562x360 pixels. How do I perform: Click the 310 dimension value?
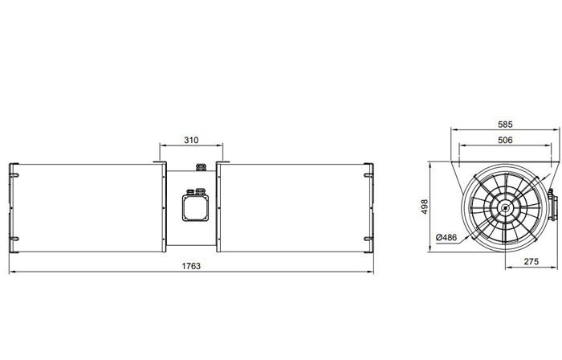coord(191,140)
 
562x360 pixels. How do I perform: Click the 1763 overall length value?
coord(191,265)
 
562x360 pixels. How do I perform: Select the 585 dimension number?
coord(504,125)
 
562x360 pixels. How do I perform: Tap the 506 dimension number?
coord(504,140)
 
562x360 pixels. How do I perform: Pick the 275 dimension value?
coord(531,262)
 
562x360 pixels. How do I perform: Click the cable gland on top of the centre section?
coord(198,167)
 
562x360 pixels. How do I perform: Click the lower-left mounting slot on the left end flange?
coord(13,243)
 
